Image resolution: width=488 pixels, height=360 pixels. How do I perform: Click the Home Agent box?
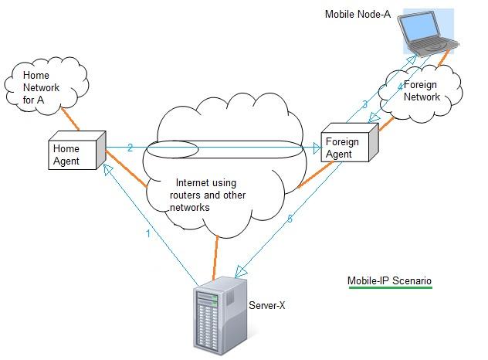click(x=75, y=152)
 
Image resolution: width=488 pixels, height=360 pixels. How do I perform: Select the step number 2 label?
click(x=130, y=147)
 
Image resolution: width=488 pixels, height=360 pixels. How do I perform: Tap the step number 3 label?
click(x=364, y=104)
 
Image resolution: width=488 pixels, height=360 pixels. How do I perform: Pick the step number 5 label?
click(x=290, y=219)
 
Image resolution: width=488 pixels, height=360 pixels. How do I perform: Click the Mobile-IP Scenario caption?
click(x=389, y=280)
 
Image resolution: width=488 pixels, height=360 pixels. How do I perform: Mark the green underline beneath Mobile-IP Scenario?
click(x=389, y=288)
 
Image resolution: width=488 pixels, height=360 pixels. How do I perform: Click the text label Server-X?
click(x=267, y=306)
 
